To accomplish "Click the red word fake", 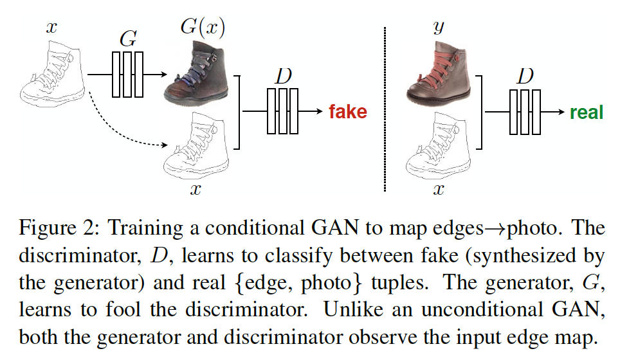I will coord(347,112).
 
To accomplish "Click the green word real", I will coord(586,113).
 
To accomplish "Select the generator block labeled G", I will coord(127,75).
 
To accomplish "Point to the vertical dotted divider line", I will coord(385,109).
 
